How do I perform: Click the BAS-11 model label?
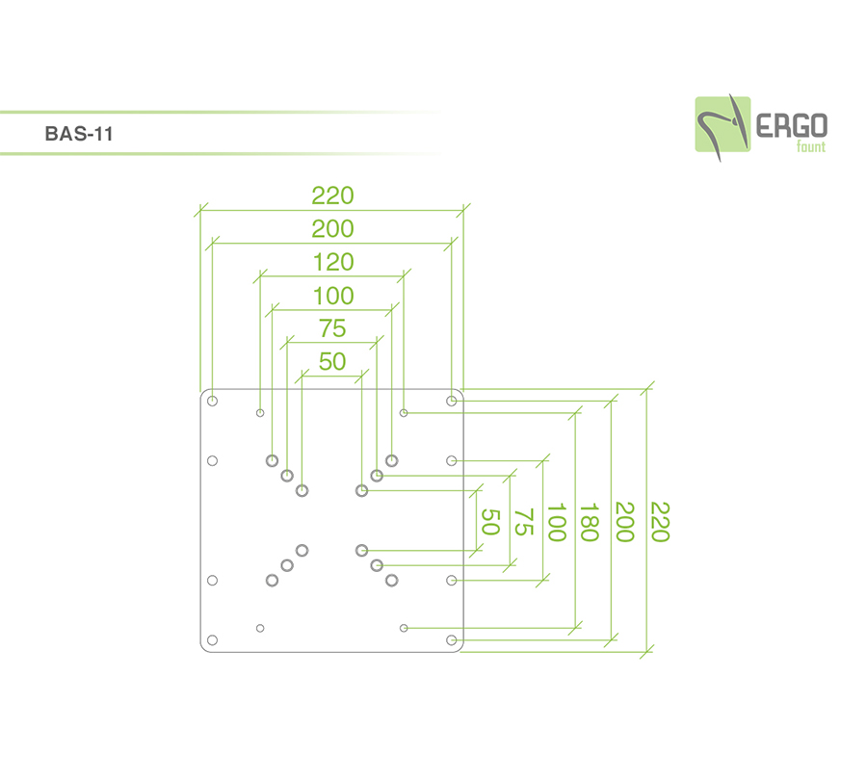pos(79,135)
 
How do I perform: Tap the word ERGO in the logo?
pos(791,124)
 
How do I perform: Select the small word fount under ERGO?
pos(810,146)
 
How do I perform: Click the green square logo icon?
pos(722,124)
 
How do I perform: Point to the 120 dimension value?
pos(332,262)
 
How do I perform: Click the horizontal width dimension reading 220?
pos(332,195)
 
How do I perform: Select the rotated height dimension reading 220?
pos(659,521)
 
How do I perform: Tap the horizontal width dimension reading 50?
pos(332,362)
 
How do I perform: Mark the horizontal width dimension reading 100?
pos(332,296)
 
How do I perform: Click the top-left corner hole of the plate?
pos(213,400)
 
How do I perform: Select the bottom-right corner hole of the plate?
pos(451,639)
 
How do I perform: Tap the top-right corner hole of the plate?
pos(451,400)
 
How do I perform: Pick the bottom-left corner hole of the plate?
pos(213,639)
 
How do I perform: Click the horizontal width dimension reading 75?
pos(332,329)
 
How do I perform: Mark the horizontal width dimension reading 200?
pos(332,229)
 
